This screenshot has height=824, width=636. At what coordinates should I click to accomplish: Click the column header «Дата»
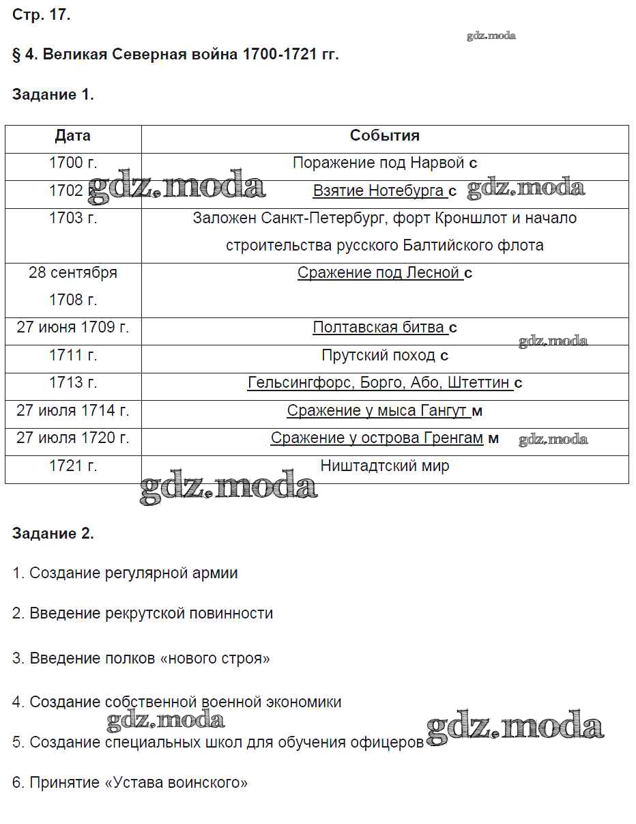pos(72,136)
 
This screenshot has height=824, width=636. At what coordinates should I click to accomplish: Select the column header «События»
pos(384,136)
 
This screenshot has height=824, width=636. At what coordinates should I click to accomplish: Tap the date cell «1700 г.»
pos(73,163)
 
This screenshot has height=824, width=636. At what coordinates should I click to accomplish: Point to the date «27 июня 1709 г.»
pos(73,328)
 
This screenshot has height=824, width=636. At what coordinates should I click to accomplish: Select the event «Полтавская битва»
pos(379,328)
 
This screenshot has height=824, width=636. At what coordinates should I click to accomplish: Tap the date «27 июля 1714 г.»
pos(73,411)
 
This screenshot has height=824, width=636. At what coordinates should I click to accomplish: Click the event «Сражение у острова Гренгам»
pos(377,438)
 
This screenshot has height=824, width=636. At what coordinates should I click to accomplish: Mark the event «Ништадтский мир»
pos(384,466)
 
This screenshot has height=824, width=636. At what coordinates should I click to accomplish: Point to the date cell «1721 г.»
pos(73,466)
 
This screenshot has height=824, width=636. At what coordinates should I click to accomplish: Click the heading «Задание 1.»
pos(53,95)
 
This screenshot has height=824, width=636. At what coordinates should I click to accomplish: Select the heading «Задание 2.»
pos(53,533)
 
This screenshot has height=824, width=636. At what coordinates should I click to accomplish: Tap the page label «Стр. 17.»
pos(41,15)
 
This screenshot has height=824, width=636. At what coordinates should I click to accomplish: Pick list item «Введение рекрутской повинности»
pos(143,613)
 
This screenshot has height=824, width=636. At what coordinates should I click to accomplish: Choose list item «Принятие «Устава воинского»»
pos(130,782)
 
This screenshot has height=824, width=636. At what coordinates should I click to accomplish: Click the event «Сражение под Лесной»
pos(379,273)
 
